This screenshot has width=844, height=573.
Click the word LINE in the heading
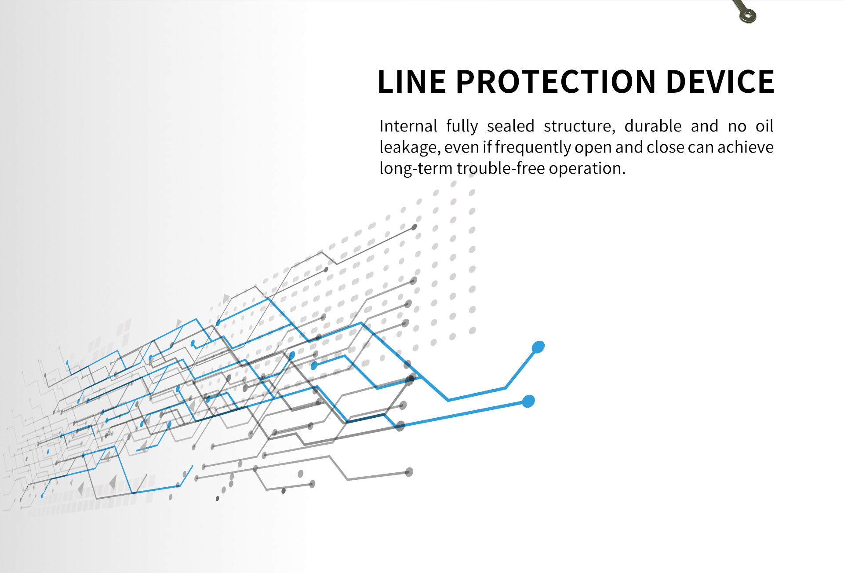pos(411,82)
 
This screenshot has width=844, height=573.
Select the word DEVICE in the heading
pos(720,82)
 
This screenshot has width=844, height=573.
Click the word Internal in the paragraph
pos(408,126)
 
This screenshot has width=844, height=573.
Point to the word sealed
pos(510,126)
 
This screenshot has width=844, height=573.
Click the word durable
pos(653,126)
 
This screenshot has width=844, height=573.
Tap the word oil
pos(764,126)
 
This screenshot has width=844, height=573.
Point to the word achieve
pos(745,147)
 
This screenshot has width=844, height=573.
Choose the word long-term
pos(416,168)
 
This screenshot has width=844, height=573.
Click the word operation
pos(586,168)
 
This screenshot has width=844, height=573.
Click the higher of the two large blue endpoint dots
pos(538,347)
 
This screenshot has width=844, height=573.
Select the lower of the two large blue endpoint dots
pos(528,401)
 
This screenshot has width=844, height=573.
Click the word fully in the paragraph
pos(462,126)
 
